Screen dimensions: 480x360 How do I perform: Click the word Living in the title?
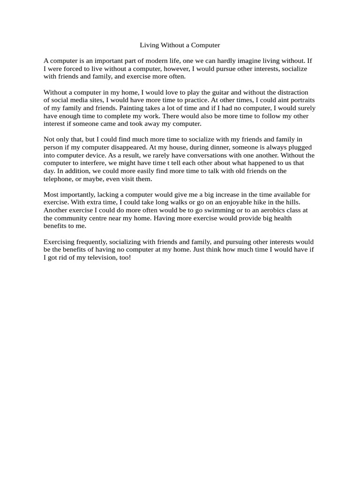(x=150, y=45)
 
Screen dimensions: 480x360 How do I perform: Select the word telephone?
(x=58, y=179)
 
